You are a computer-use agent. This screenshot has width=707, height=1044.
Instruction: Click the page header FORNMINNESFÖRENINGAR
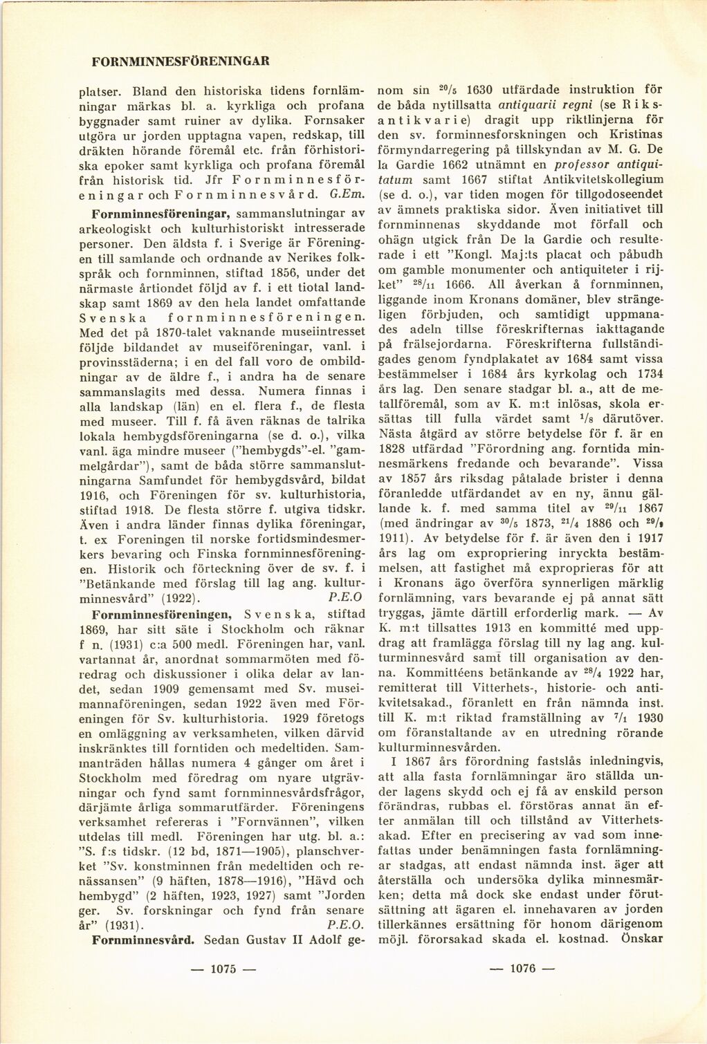pyautogui.click(x=180, y=61)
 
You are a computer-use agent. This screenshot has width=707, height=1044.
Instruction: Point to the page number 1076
pyautogui.click(x=522, y=968)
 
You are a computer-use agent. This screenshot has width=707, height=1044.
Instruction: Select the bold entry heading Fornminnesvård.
pyautogui.click(x=143, y=940)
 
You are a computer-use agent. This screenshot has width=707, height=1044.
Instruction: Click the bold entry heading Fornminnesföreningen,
pyautogui.click(x=162, y=614)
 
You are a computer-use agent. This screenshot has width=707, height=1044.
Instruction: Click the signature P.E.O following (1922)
pyautogui.click(x=347, y=598)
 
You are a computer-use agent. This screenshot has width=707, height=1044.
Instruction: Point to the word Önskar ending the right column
pyautogui.click(x=642, y=938)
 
